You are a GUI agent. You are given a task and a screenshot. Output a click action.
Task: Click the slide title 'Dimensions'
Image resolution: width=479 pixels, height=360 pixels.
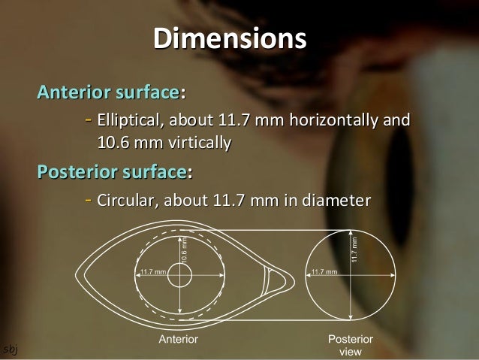[230, 39]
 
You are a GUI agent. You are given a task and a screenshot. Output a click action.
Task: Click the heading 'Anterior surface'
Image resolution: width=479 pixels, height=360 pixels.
[109, 94]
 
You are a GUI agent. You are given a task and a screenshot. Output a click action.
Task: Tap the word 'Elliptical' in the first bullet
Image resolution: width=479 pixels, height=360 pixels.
[134, 120]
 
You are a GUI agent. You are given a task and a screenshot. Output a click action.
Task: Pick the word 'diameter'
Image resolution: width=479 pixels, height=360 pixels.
[336, 201]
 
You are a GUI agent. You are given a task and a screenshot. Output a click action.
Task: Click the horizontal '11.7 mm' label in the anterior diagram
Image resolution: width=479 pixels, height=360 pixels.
[153, 271]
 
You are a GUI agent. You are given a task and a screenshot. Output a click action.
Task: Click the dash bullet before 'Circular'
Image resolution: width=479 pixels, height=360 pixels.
[89, 201]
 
